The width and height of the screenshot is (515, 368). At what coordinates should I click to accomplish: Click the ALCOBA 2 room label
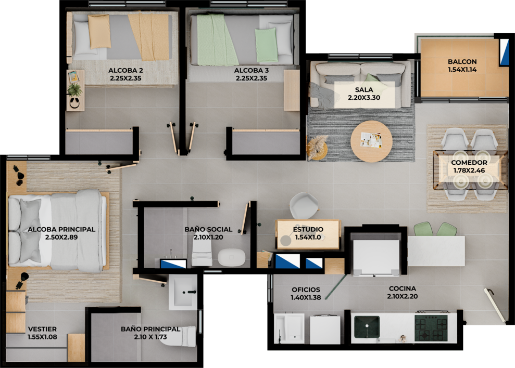point(125,74)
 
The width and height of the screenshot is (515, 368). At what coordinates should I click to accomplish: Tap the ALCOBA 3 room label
point(252,74)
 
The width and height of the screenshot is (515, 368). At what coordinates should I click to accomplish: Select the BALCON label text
point(462,62)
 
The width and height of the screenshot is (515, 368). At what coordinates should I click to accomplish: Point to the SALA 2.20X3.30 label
point(364,94)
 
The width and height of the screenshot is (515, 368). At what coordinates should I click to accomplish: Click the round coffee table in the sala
point(371,141)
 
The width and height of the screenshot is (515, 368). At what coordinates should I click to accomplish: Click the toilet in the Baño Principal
point(179,336)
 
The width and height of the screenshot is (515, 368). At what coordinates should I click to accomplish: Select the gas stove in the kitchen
point(431,327)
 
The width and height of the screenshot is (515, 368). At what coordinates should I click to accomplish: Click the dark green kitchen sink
point(367,326)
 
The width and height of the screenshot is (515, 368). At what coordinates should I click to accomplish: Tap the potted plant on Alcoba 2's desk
point(74,89)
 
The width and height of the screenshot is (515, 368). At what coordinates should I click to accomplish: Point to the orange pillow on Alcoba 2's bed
point(99,31)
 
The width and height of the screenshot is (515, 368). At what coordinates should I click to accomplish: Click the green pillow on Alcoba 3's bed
point(267,45)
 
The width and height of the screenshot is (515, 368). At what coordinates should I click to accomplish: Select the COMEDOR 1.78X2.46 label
point(469,166)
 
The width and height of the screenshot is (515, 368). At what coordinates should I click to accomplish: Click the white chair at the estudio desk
point(304,205)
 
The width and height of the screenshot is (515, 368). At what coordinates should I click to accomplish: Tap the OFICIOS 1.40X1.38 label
point(306,294)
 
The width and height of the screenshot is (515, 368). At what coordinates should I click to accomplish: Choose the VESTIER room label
point(42,329)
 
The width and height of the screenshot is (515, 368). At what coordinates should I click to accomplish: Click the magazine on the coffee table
point(371,140)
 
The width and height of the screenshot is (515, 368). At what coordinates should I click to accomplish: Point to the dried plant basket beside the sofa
point(317,148)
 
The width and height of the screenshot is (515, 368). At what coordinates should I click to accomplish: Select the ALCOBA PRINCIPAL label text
point(61,229)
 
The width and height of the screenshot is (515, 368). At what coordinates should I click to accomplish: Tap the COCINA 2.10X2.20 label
point(403,293)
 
